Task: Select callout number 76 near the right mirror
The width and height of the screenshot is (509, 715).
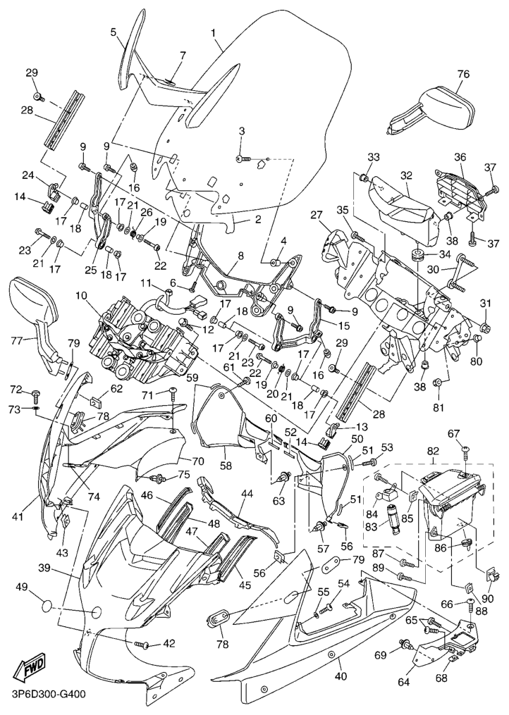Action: pyautogui.click(x=462, y=75)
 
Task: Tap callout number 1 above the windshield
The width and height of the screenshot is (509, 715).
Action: pyautogui.click(x=214, y=32)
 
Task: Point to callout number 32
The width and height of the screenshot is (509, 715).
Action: pyautogui.click(x=406, y=175)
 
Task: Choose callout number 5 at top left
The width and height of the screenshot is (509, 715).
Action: pyautogui.click(x=113, y=32)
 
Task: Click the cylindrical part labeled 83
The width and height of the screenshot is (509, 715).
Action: pyautogui.click(x=390, y=521)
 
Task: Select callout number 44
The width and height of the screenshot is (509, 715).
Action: pyautogui.click(x=247, y=494)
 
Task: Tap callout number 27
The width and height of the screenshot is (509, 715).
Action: pyautogui.click(x=316, y=216)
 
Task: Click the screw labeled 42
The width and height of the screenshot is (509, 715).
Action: pyautogui.click(x=145, y=644)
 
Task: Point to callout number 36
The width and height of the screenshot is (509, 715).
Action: pyautogui.click(x=460, y=157)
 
